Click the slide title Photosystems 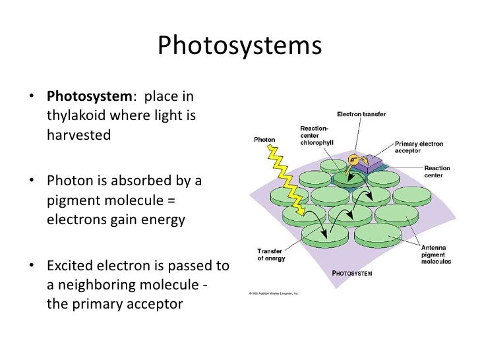click(239, 47)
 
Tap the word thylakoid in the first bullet click(75, 116)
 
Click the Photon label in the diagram click(264, 139)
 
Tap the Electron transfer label click(361, 114)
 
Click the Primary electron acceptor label click(419, 146)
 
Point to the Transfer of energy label click(270, 255)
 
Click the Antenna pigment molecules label click(436, 255)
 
